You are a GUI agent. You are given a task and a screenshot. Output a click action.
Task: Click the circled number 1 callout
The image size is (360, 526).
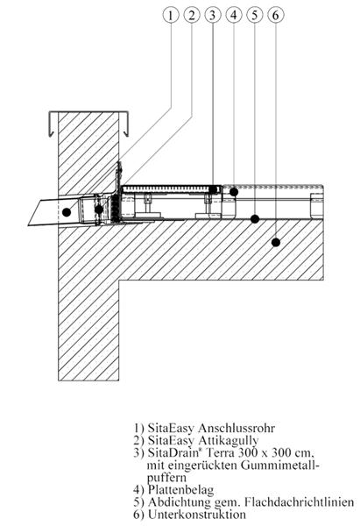(171, 15)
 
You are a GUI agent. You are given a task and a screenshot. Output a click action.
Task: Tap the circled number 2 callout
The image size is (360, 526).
(192, 15)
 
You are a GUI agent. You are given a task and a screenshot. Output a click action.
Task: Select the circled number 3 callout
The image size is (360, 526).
(213, 15)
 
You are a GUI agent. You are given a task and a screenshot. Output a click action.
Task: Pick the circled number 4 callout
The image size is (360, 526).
(234, 15)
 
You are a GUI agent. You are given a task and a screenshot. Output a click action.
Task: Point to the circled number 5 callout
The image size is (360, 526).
(254, 15)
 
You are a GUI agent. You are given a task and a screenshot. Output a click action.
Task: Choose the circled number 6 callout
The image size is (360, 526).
(276, 15)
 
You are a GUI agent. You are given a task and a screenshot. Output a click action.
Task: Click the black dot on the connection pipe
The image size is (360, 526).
(67, 212)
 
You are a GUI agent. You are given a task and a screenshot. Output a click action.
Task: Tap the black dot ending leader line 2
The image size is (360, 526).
(99, 210)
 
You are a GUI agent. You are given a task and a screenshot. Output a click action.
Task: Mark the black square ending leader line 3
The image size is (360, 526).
(213, 189)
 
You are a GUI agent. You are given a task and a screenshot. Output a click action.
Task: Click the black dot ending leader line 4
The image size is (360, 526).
(234, 192)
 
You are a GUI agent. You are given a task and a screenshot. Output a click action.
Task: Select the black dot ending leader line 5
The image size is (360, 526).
(255, 219)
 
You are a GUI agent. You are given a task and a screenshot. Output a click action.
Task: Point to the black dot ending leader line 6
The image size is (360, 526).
(276, 242)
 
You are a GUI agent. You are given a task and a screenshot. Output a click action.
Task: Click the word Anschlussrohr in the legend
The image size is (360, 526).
(236, 428)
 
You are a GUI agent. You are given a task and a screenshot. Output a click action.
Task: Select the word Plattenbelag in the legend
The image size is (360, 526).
(180, 490)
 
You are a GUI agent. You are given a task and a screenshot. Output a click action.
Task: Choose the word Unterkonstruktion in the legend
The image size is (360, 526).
(197, 514)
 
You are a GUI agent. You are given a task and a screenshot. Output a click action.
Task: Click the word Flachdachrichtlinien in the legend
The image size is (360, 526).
(299, 501)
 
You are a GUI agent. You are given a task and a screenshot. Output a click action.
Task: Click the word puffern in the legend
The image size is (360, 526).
(166, 478)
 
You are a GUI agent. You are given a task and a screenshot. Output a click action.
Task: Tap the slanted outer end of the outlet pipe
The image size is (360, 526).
(34, 213)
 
